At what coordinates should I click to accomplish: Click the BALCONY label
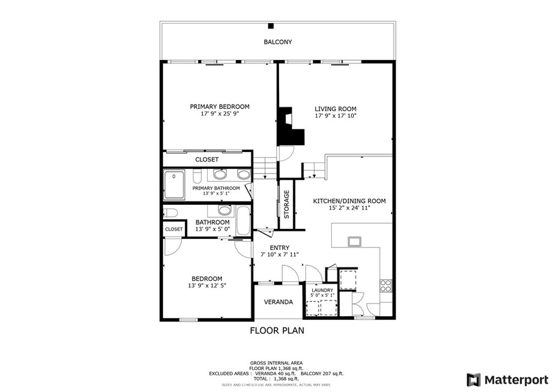coord(278,42)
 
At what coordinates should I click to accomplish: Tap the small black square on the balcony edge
coord(271,25)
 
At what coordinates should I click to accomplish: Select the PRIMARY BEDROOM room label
coord(220,107)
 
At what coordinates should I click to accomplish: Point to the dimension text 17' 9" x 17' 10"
coord(335,116)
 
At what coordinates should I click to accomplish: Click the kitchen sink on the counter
coord(355,241)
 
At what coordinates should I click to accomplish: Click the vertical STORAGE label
coord(287,204)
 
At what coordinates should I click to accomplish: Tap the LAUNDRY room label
coord(322,290)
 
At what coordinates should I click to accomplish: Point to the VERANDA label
coord(278,302)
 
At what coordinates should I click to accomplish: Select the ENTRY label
coord(279,248)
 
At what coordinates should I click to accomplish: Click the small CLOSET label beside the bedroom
coord(174,230)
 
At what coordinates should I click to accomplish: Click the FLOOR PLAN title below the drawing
coord(276,330)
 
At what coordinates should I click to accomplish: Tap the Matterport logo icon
coord(473,379)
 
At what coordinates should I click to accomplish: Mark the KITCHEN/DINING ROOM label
coord(349,201)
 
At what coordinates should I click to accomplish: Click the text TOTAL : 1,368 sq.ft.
coord(276,379)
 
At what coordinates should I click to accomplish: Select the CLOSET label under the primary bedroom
coord(207,160)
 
